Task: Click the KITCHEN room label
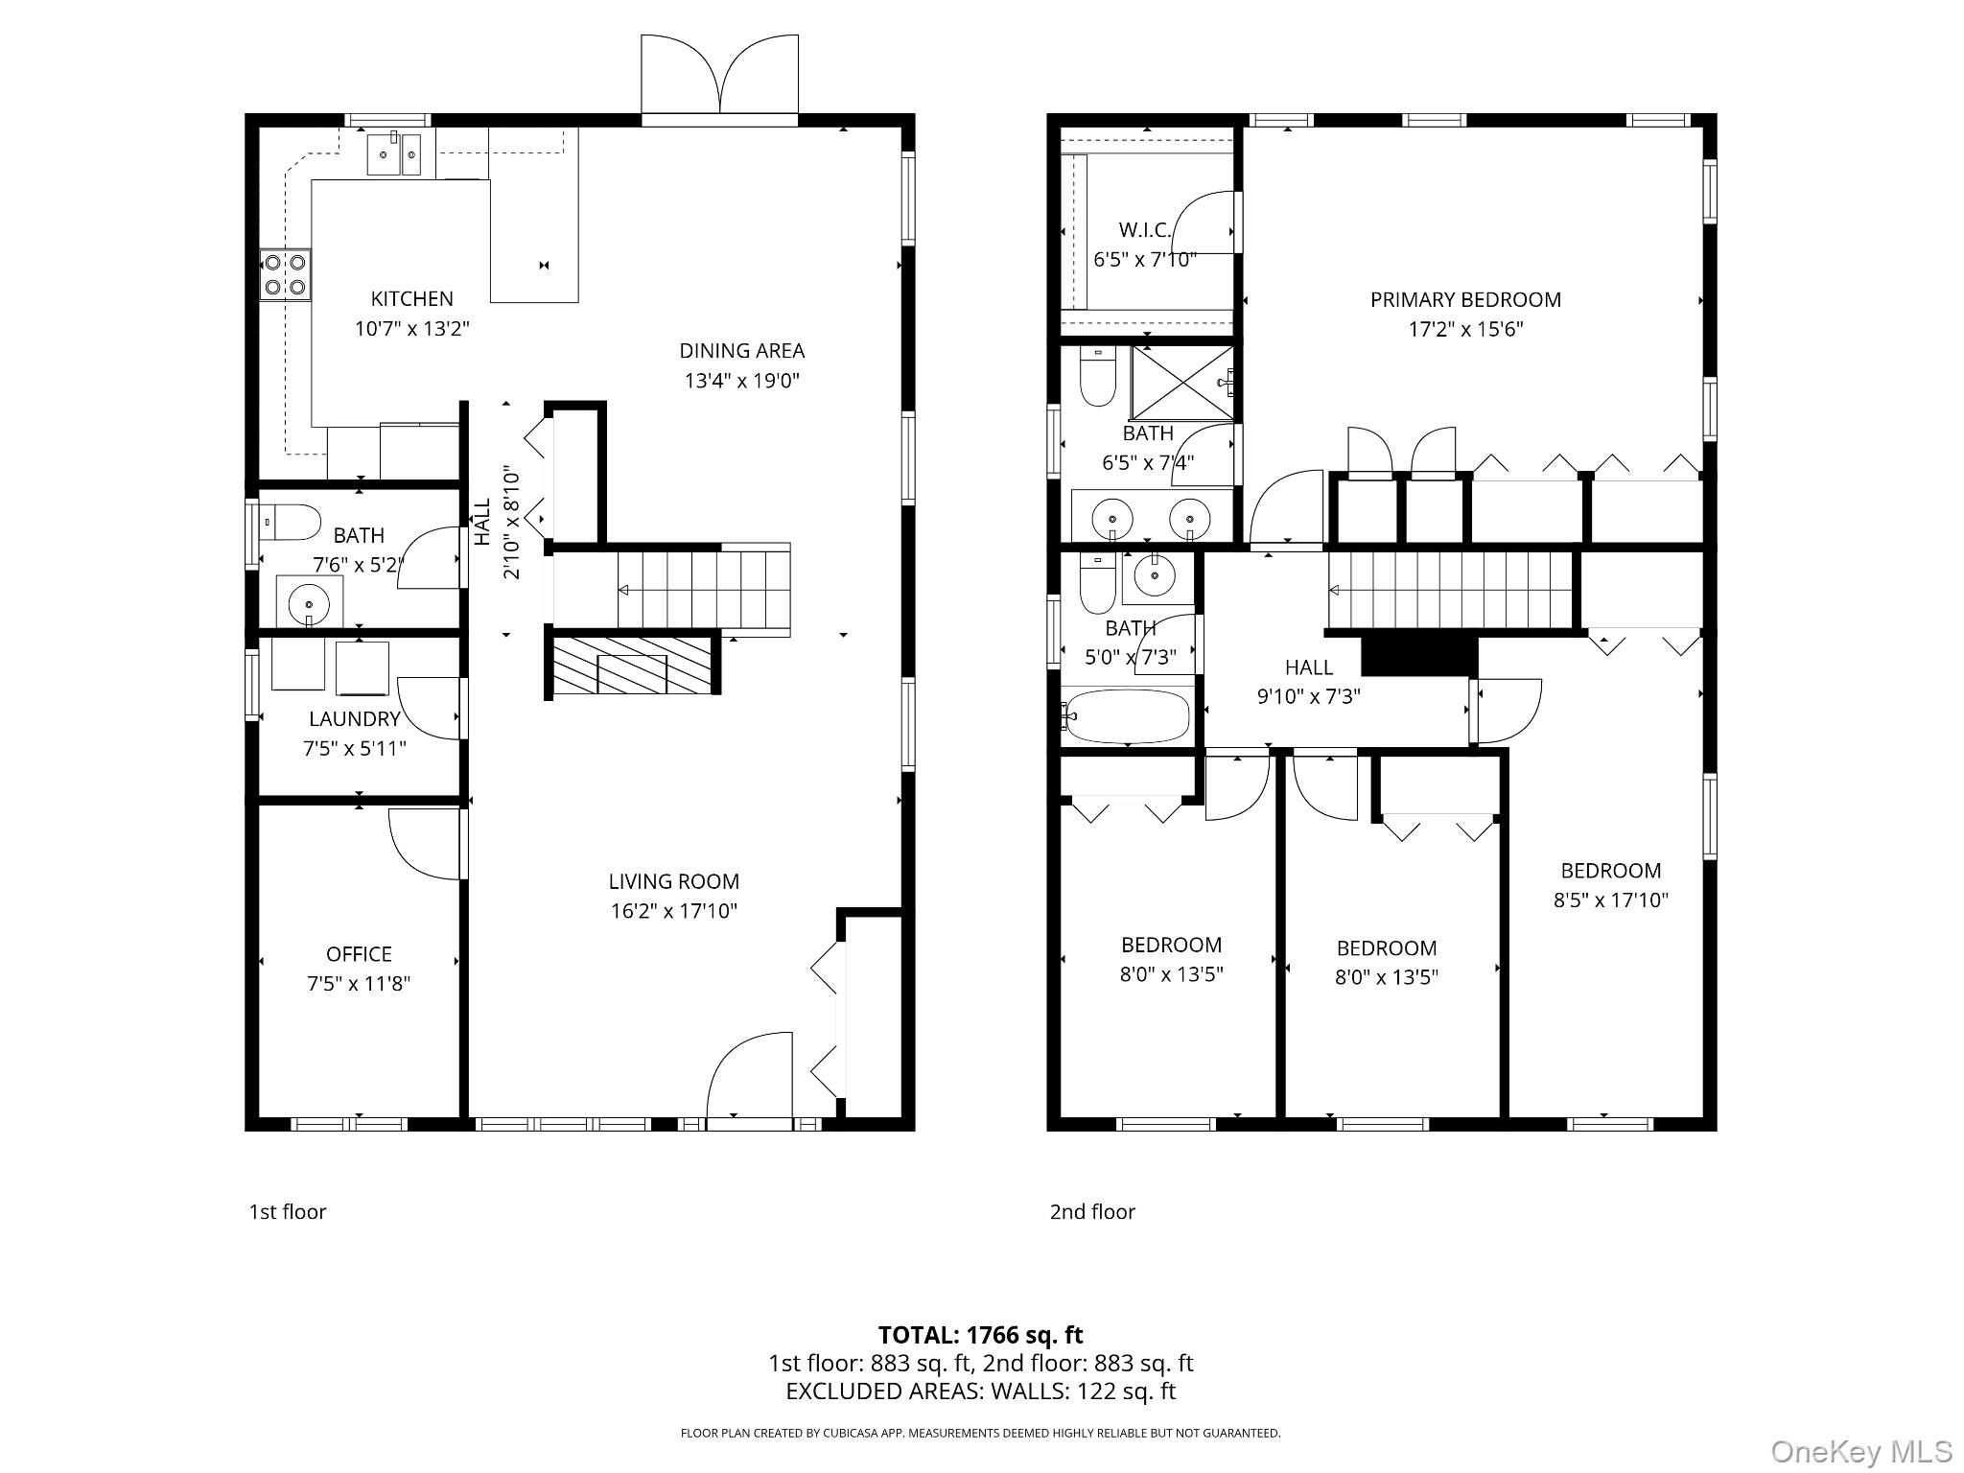[x=411, y=299]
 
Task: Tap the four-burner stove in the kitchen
[x=286, y=273]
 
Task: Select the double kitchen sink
[x=395, y=154]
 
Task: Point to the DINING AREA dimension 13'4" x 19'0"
[x=741, y=381]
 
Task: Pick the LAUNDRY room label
[x=354, y=719]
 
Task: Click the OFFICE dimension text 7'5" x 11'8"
[x=359, y=984]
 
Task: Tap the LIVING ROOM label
[x=673, y=881]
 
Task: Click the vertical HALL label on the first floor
[x=482, y=522]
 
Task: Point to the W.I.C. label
[x=1144, y=230]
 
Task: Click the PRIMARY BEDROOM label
[x=1464, y=300]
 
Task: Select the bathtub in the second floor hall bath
[x=1128, y=716]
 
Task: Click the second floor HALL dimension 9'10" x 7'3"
[x=1308, y=697]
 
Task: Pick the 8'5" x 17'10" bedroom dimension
[x=1610, y=900]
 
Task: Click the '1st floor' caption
[x=288, y=1212]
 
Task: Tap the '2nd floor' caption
[x=1092, y=1212]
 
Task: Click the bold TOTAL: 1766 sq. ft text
[x=980, y=1335]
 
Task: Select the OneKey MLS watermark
[x=1860, y=1451]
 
